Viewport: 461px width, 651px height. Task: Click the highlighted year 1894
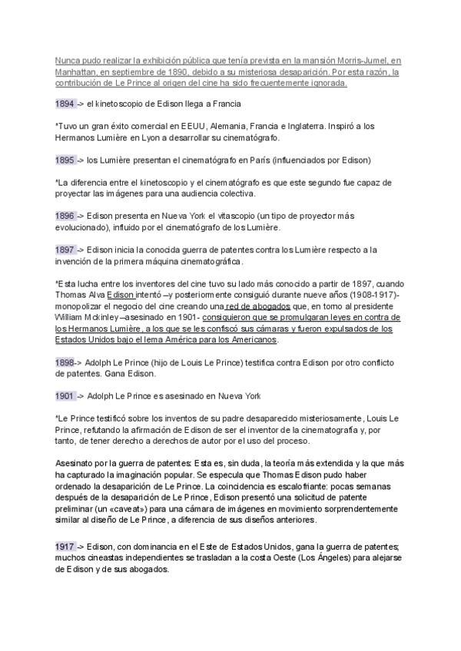65,104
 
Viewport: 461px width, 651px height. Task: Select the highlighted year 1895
65,160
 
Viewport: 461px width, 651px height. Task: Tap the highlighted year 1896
65,216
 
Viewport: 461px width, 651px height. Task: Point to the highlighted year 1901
65,396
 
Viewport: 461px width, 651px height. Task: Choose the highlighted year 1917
65,547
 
